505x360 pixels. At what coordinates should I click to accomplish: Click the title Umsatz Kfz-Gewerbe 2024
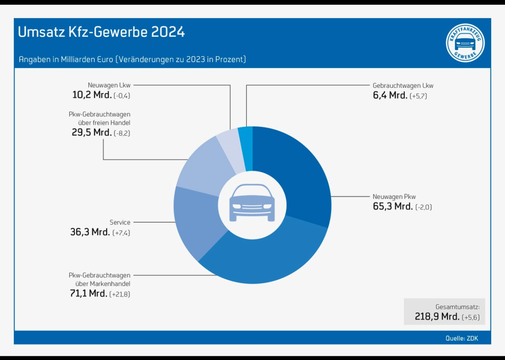point(101,32)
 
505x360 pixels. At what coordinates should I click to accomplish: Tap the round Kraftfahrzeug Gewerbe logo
point(465,43)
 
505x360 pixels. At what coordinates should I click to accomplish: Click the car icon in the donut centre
point(252,203)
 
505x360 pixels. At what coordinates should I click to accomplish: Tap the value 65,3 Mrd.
point(393,206)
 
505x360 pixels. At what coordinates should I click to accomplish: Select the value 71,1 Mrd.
point(88,294)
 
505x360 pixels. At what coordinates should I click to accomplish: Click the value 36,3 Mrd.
point(90,232)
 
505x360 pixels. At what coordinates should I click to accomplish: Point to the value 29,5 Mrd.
point(92,133)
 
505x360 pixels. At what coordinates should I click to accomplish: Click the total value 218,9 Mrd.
point(437,317)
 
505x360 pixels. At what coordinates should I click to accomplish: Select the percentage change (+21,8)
point(120,294)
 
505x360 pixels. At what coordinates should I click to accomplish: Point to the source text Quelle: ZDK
point(462,338)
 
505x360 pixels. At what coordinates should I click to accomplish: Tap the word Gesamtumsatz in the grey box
point(460,307)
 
